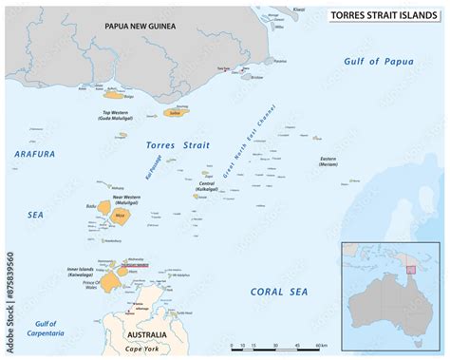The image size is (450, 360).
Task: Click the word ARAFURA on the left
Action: click(x=35, y=153)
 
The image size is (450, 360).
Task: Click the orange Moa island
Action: click(x=120, y=215)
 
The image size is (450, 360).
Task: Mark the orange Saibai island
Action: click(x=172, y=111)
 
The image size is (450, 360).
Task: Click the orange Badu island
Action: click(x=103, y=205)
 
